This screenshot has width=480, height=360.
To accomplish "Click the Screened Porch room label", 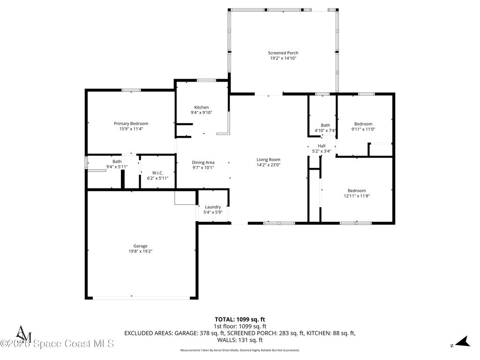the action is pyautogui.click(x=283, y=53).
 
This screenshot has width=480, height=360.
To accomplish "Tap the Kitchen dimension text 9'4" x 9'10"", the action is pyautogui.click(x=202, y=112).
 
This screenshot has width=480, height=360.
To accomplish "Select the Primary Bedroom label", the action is pyautogui.click(x=131, y=124).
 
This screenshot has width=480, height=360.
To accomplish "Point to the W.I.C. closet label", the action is pyautogui.click(x=157, y=173).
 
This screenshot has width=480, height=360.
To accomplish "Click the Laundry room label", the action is pyautogui.click(x=213, y=207).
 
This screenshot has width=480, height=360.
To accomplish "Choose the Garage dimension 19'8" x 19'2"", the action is pyautogui.click(x=141, y=251).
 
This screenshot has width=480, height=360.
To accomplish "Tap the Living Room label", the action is pyautogui.click(x=269, y=159).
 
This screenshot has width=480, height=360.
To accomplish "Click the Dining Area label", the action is pyautogui.click(x=203, y=163).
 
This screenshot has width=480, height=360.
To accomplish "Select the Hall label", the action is pyautogui.click(x=322, y=146).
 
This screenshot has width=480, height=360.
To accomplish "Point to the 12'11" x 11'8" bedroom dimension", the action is pyautogui.click(x=357, y=196).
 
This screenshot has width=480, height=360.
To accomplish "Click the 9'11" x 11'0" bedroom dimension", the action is pyautogui.click(x=363, y=129).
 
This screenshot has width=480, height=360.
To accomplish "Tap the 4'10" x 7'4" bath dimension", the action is pyautogui.click(x=325, y=131).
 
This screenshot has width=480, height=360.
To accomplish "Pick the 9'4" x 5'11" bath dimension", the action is pyautogui.click(x=117, y=167).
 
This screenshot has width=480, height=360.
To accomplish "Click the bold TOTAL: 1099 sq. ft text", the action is pyautogui.click(x=240, y=320).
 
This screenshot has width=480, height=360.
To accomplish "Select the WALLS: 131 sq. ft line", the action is pyautogui.click(x=240, y=340).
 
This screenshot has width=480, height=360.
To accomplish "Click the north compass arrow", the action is pyautogui.click(x=463, y=342).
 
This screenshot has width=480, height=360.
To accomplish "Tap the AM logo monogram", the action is pyautogui.click(x=23, y=334).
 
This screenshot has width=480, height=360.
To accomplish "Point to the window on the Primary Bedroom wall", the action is pyautogui.click(x=131, y=90).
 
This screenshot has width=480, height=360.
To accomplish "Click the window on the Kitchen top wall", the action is pyautogui.click(x=206, y=81).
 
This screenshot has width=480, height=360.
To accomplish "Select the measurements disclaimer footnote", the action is pyautogui.click(x=240, y=350).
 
